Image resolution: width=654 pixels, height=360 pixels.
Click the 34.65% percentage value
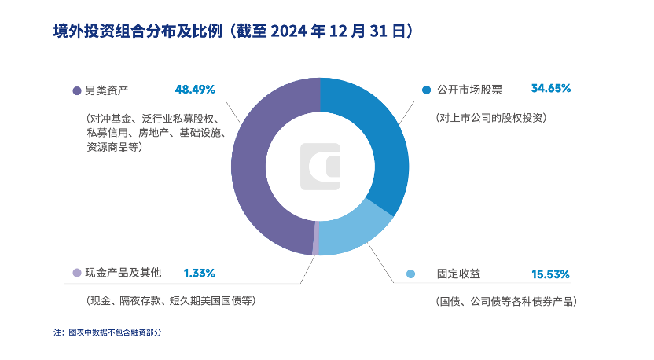tap(550, 89)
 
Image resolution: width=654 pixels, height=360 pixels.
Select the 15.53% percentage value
tap(550, 274)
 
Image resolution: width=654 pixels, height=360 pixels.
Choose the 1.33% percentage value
tap(199, 273)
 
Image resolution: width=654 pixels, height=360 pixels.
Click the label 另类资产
tap(106, 90)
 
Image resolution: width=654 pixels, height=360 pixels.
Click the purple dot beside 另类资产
tap(76, 90)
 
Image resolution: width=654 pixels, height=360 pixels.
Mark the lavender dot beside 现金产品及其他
tap(76, 274)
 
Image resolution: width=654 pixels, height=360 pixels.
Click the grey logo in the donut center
tap(321, 166)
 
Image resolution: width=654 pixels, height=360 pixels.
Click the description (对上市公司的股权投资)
tap(490, 117)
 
